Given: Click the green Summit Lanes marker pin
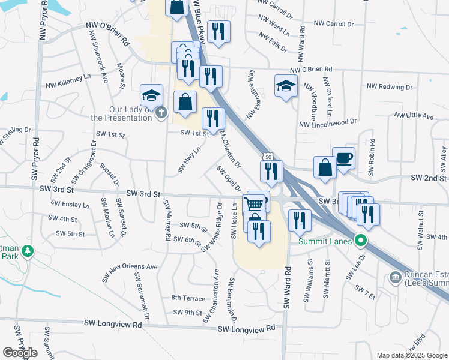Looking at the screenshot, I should click(x=360, y=242).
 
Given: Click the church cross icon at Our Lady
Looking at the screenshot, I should click(x=160, y=113).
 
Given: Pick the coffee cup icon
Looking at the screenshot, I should click(x=343, y=158).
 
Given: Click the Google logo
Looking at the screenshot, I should click(x=20, y=353).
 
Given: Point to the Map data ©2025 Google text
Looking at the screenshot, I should click(x=411, y=355).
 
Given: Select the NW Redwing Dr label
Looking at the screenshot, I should click(x=390, y=87).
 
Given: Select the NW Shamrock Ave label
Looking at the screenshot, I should click(x=99, y=57).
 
